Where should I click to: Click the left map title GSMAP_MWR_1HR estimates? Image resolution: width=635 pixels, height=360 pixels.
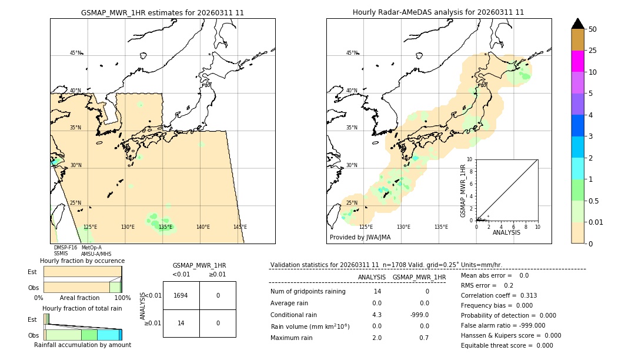point(162,12)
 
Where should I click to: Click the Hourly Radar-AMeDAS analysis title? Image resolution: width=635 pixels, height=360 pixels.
point(438,12)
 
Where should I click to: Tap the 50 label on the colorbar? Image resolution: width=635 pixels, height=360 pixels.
point(593,29)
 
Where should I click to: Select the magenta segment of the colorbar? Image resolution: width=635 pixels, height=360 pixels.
point(577,61)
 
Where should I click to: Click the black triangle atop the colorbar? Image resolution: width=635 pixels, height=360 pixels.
point(577,24)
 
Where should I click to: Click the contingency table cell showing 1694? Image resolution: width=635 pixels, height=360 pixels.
point(181,295)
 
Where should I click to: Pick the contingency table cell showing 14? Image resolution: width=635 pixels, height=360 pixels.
point(181,323)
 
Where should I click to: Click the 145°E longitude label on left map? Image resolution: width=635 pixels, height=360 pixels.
point(240,227)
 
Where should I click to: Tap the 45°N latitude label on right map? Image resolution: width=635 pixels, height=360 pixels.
point(352,53)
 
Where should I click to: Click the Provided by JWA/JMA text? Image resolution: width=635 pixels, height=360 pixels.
point(360,238)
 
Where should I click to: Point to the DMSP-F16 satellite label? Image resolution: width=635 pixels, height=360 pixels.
point(65,248)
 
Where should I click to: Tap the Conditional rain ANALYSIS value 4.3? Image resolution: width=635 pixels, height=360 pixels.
point(376,315)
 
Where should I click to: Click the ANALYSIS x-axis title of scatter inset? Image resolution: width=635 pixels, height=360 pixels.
point(506,232)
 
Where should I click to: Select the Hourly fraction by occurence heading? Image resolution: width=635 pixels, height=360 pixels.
point(82,261)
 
